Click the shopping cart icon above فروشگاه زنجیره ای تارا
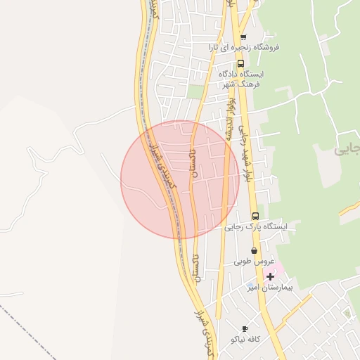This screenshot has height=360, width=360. tap(243, 37)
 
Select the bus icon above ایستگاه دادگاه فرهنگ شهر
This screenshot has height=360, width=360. tap(240, 63)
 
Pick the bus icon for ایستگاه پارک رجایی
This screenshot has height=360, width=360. tap(255, 216)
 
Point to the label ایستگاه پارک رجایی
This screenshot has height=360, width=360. tap(256, 226)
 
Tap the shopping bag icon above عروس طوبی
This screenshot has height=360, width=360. tap(253, 251)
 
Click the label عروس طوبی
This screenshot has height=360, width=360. tap(253, 261)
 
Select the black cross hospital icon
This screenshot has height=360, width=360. tap(270, 276)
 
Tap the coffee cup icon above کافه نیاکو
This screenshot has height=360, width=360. tap(245, 328)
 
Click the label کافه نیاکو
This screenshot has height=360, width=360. tap(245, 339)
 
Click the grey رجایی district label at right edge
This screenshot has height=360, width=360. tap(347, 149)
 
